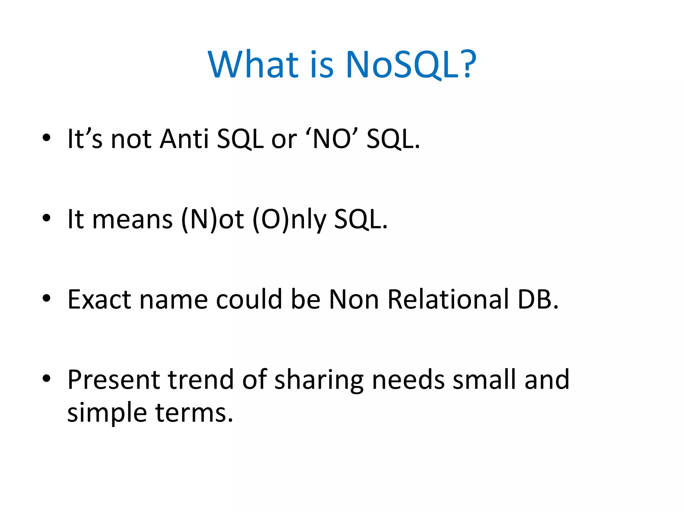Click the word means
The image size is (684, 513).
(132, 219)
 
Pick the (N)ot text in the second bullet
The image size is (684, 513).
(212, 219)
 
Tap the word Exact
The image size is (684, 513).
(99, 299)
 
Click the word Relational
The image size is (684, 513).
(448, 299)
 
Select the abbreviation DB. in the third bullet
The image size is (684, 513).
(538, 299)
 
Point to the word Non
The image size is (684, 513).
(354, 299)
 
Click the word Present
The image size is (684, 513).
(114, 380)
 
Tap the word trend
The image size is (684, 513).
(201, 380)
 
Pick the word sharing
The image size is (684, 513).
(319, 380)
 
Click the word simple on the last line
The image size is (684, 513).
(107, 413)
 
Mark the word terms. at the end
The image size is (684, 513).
(194, 413)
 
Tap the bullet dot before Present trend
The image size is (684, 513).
(46, 378)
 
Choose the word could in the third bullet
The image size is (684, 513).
(249, 299)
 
